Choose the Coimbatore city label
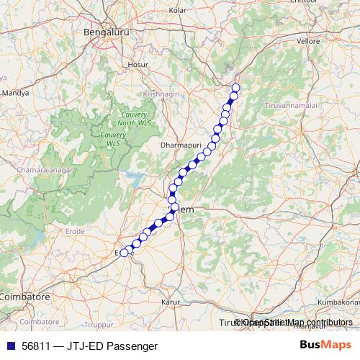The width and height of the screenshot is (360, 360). [24, 296]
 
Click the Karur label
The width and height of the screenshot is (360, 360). [170, 302]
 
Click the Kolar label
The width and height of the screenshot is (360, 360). [177, 11]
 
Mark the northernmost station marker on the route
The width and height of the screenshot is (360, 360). [235, 88]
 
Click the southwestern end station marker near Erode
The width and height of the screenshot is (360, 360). [124, 253]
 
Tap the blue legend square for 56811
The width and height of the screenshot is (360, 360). [8, 346]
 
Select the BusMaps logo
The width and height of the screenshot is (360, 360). [325, 346]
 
